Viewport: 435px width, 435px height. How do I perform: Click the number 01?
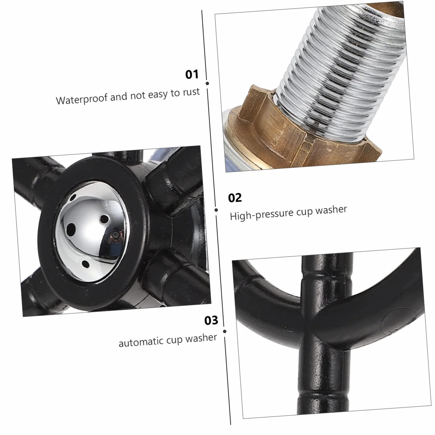click(x=192, y=74)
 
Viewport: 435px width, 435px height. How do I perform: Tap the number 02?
click(x=235, y=198)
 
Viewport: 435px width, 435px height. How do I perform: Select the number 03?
click(x=211, y=320)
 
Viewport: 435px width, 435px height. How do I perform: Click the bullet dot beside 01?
click(x=207, y=83)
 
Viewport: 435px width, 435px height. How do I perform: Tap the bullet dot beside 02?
click(x=216, y=210)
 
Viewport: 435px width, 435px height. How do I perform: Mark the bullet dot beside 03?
click(x=225, y=331)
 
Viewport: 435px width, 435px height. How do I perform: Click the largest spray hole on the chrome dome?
click(x=71, y=229)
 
